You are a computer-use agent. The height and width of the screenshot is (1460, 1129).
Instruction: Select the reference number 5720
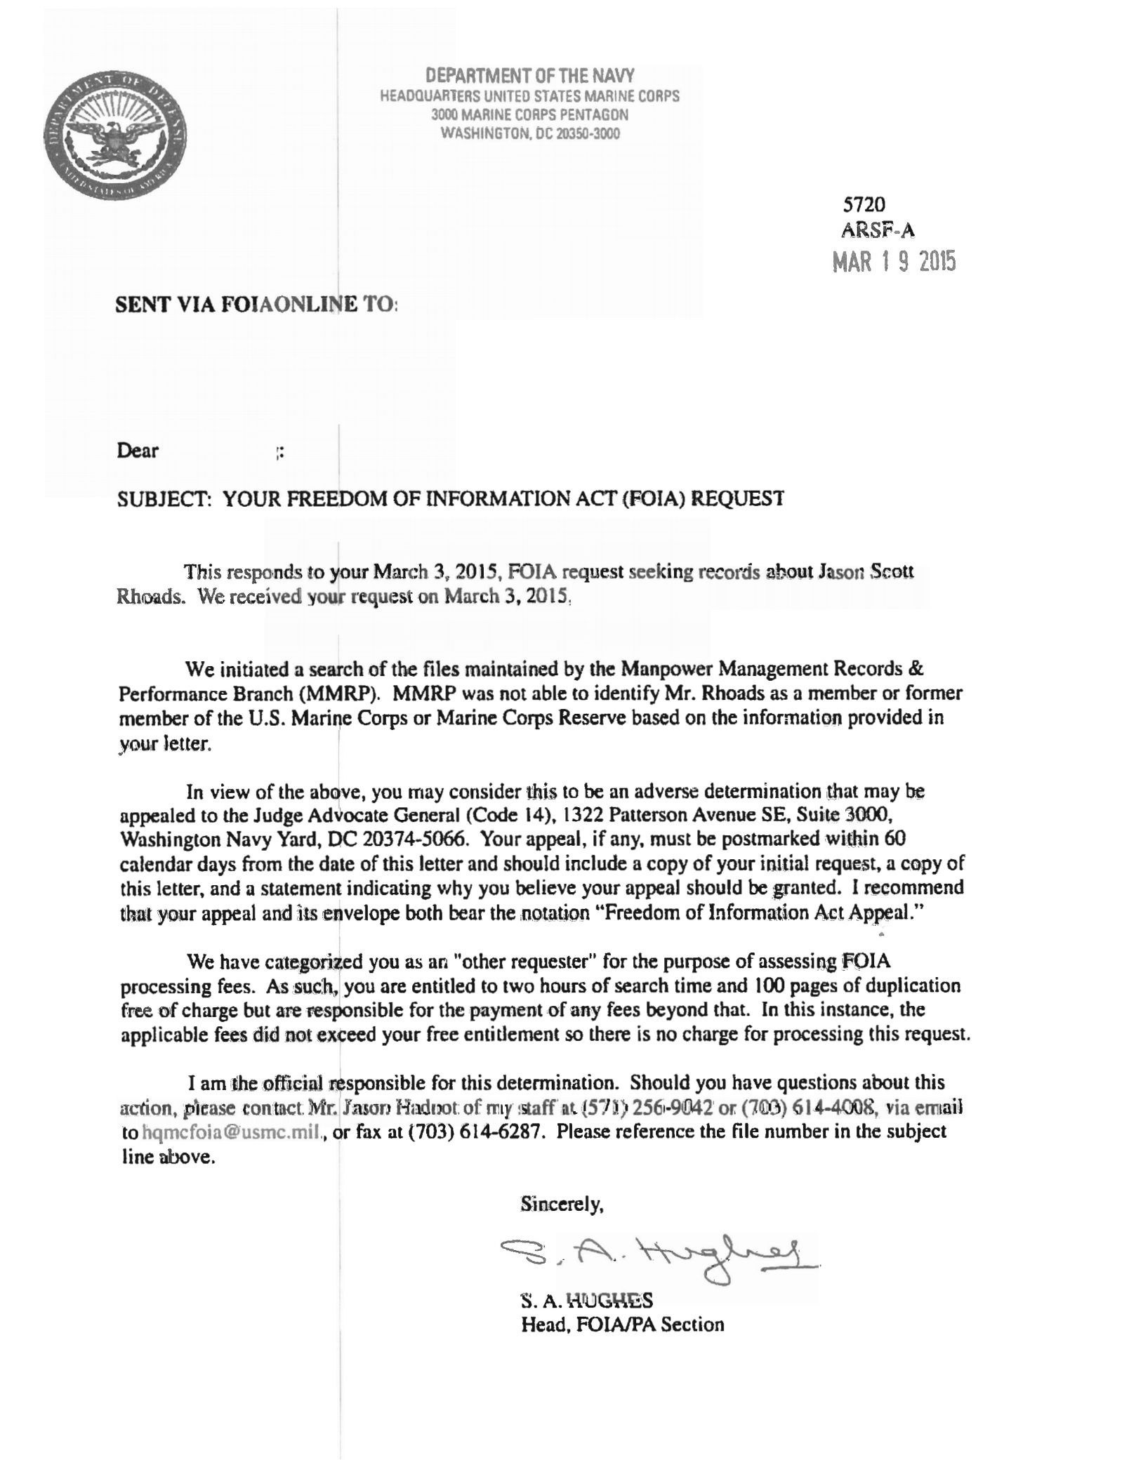pos(863,204)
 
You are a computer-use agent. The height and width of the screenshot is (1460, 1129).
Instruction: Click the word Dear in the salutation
pos(138,451)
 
